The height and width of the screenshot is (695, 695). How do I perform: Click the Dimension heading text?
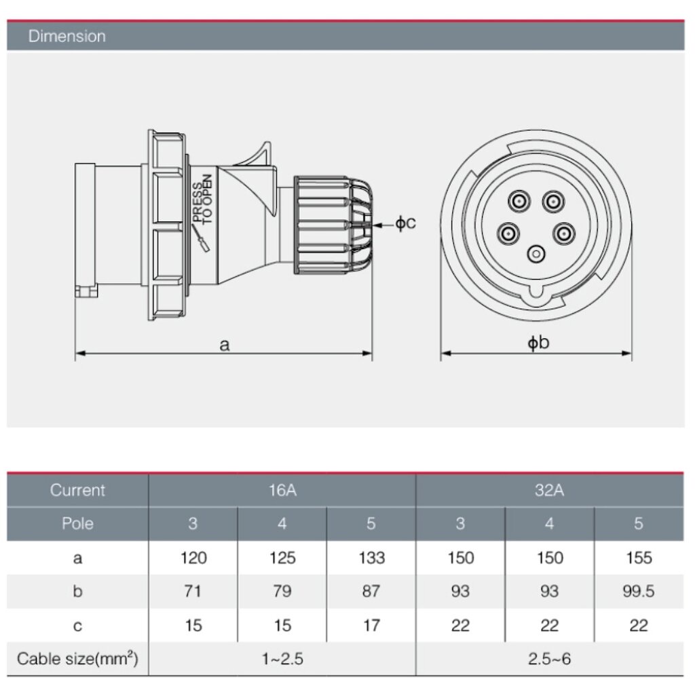click(x=67, y=36)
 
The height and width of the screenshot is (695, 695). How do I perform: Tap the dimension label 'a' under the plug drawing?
click(x=225, y=345)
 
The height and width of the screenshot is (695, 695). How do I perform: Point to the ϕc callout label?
click(x=405, y=223)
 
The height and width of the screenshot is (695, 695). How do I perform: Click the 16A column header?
click(x=282, y=490)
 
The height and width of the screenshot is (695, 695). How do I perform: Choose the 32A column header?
click(x=550, y=490)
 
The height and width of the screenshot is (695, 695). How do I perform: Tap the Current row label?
click(x=77, y=490)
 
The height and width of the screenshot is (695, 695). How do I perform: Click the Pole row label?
click(x=77, y=523)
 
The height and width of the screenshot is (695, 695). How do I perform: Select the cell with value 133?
click(x=371, y=558)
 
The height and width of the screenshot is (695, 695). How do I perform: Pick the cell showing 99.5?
click(x=639, y=592)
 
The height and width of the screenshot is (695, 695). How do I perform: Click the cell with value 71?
click(x=193, y=592)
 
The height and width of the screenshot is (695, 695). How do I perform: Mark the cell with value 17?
click(x=371, y=625)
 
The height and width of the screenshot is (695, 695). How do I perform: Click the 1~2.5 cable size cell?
click(x=282, y=658)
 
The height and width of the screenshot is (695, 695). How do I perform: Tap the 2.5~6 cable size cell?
click(x=550, y=658)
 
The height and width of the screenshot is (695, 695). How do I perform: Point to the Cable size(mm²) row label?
click(x=77, y=658)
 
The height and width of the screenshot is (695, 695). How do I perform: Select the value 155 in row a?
click(x=639, y=558)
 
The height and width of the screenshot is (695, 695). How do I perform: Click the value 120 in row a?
click(x=193, y=558)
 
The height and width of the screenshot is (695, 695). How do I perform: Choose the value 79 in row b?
click(x=282, y=592)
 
